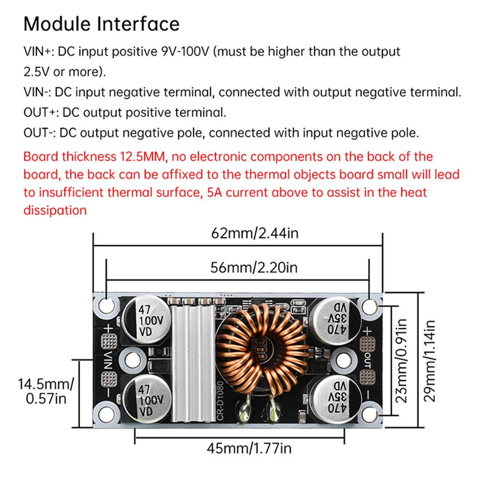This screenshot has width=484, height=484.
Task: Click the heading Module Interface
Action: [101, 24]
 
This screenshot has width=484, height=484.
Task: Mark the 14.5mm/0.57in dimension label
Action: [46, 391]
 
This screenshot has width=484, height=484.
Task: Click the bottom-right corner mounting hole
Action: [370, 413]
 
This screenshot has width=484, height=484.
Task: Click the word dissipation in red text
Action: [55, 210]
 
